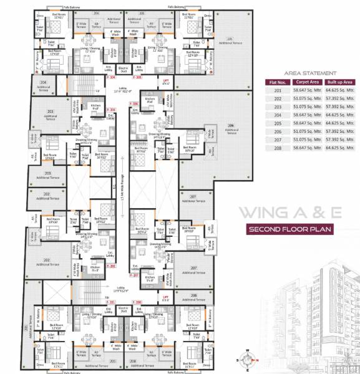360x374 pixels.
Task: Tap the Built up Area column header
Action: click(x=340, y=82)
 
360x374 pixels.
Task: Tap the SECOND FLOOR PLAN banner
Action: click(x=289, y=229)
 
